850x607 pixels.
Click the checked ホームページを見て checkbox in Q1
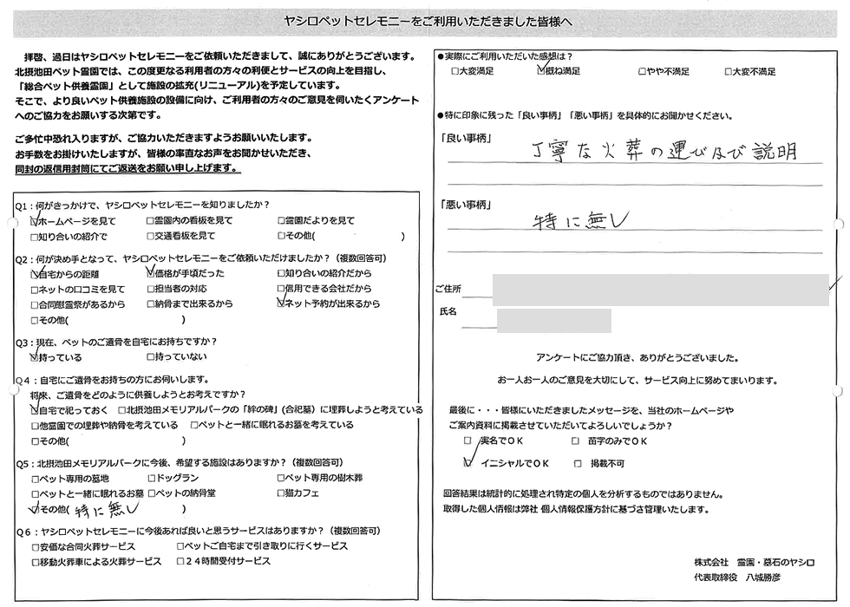pos(35,222)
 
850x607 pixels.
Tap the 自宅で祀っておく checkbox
pos(35,410)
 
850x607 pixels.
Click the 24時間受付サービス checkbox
pos(180,562)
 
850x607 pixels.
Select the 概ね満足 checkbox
pos(541,72)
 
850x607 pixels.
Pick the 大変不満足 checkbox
pos(727,72)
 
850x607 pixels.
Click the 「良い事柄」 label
pos(466,138)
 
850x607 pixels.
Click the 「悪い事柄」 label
pos(466,205)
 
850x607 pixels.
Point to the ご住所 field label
pos(451,288)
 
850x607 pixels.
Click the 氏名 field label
pos(448,310)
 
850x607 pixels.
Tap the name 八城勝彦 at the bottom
pos(762,578)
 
